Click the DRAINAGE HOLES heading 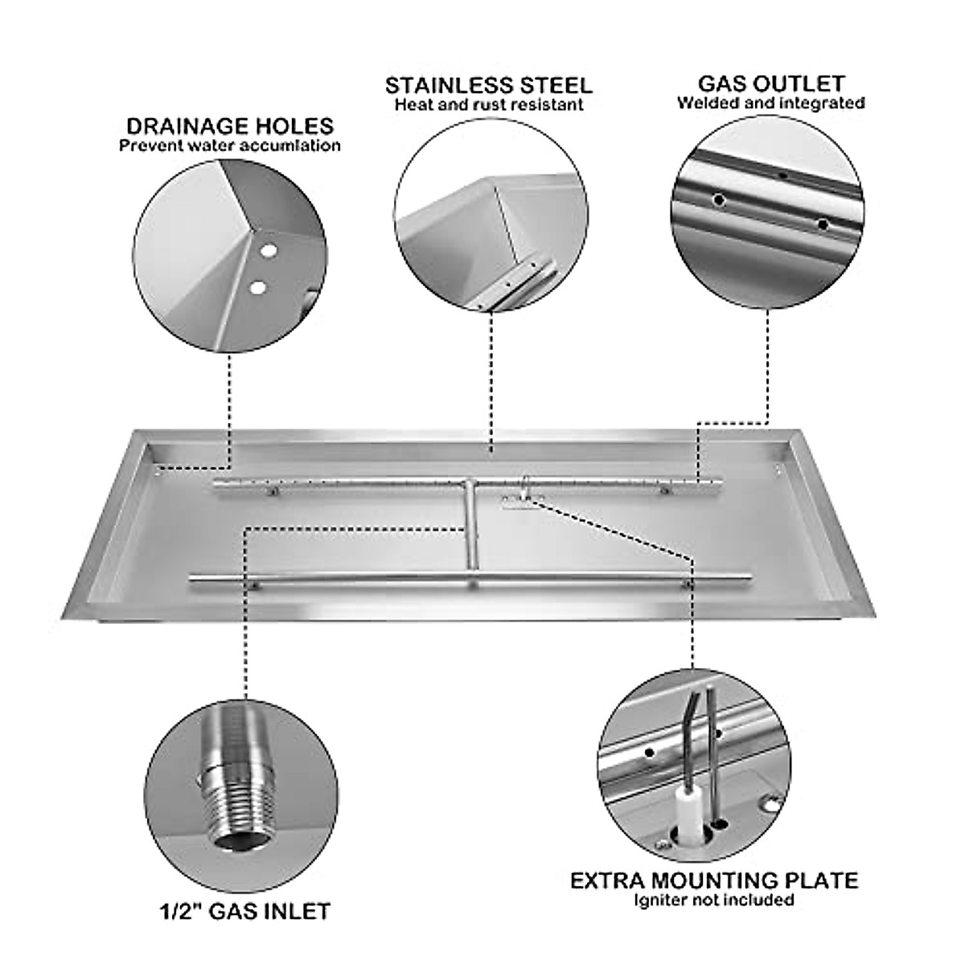[230, 126]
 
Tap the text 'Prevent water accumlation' [230, 146]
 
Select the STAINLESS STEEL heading [488, 85]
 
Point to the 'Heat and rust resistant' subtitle [488, 105]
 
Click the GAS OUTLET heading [770, 84]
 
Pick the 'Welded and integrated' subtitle [770, 103]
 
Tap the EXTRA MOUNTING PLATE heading [714, 857]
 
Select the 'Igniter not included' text [714, 877]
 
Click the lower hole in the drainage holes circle [257, 286]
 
